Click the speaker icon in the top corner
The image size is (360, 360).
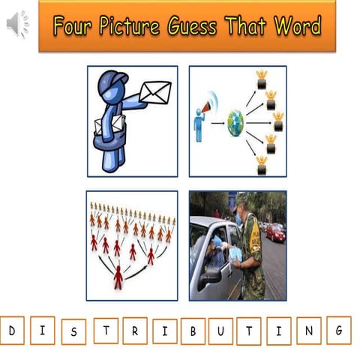16,25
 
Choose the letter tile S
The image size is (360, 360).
73,331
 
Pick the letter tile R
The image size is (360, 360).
135,331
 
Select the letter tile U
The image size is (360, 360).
220,331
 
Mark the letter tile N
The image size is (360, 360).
308,330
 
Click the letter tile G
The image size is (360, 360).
338,329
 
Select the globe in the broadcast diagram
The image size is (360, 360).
235,121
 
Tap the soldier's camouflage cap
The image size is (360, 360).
241,198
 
